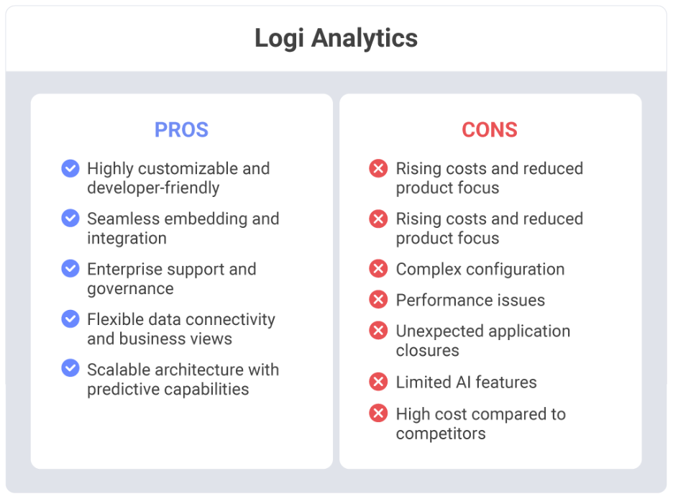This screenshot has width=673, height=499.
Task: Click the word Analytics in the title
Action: [x=365, y=39]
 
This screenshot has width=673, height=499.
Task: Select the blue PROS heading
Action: [x=182, y=129]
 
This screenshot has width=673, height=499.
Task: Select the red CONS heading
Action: [x=490, y=129]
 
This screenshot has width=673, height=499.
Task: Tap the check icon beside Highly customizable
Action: [x=70, y=168]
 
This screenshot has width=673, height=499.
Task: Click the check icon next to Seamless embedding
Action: [x=70, y=219]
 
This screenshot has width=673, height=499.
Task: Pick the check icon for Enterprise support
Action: [x=70, y=269]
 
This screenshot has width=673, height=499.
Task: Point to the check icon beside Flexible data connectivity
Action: [x=70, y=319]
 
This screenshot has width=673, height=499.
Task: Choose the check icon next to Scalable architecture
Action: [x=70, y=368]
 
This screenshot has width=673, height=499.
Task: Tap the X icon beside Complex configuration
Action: [x=378, y=269]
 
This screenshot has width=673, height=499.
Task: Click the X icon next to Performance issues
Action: [x=378, y=300]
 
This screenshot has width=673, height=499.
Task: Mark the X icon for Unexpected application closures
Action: [x=378, y=330]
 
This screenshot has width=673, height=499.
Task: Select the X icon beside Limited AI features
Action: [x=378, y=381]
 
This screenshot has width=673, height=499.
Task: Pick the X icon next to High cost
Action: [x=378, y=413]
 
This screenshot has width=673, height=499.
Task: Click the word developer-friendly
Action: [x=153, y=188]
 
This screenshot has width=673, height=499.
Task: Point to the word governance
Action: [x=130, y=290]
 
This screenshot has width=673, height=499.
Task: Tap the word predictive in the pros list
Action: [x=124, y=390]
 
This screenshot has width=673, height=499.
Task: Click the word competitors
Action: [x=441, y=434]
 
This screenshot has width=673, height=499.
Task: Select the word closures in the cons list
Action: [x=428, y=351]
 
